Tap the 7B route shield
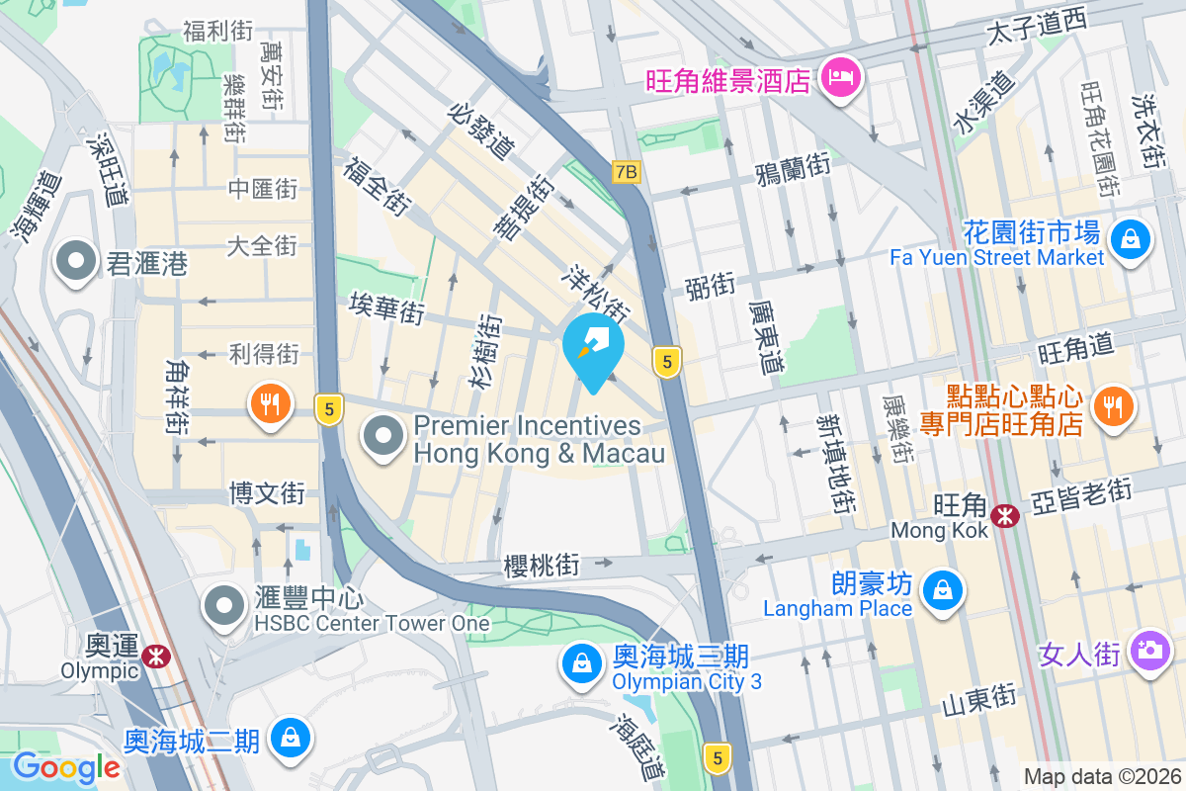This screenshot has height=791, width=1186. (626, 172)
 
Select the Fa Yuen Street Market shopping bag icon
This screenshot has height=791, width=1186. (1128, 238)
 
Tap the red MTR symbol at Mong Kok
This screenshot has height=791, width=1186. (1006, 515)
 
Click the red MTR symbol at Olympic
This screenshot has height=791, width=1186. (154, 655)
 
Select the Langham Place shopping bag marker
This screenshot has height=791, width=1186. (941, 590)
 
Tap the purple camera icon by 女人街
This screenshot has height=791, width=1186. (1149, 650)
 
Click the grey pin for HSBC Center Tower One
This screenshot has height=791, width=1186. (224, 606)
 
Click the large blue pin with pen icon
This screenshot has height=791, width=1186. (593, 349)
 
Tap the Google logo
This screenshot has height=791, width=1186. (66, 766)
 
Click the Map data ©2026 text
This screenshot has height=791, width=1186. (1101, 776)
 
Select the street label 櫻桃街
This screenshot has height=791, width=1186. (541, 566)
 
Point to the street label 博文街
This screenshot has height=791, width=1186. (267, 492)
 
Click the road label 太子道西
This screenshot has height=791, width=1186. (1037, 32)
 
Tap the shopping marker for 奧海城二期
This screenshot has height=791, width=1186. (292, 738)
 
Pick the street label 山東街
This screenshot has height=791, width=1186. (978, 698)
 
